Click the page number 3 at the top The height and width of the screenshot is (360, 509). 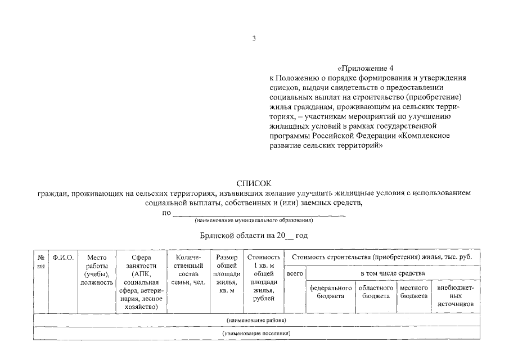pos(254,39)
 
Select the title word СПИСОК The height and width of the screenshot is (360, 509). pos(254,183)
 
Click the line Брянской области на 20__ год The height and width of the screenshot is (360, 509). pos(254,236)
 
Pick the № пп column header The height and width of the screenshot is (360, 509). pos(40,262)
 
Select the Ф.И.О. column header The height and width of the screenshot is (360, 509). pos(63,258)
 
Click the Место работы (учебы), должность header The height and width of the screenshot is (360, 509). pos(96,270)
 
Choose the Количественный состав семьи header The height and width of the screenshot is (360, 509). pos(188,270)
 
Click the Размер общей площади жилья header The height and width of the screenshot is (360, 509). pos(227,274)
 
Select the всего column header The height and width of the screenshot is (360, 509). pos(295,273)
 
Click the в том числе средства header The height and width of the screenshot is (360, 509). pos(393,273)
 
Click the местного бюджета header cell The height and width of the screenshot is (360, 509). pos(414,291)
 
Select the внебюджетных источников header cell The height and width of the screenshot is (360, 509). pos(456,295)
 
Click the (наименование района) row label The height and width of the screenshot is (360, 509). pos(256,320)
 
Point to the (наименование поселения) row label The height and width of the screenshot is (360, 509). pos(256,334)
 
